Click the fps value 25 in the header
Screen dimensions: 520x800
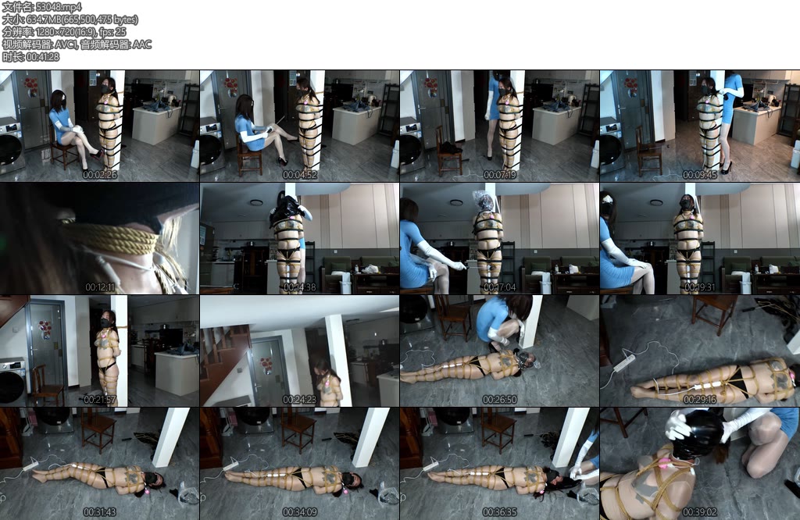click(121, 32)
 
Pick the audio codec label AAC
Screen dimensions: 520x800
click(141, 45)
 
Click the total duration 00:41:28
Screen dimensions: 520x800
click(42, 57)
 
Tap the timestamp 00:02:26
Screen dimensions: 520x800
click(100, 175)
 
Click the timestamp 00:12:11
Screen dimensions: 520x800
click(100, 287)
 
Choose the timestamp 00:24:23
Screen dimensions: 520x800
click(300, 400)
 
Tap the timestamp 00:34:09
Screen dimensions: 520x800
click(300, 512)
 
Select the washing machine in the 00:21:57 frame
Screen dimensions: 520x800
click(12, 383)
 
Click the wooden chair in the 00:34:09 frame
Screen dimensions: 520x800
click(298, 427)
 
